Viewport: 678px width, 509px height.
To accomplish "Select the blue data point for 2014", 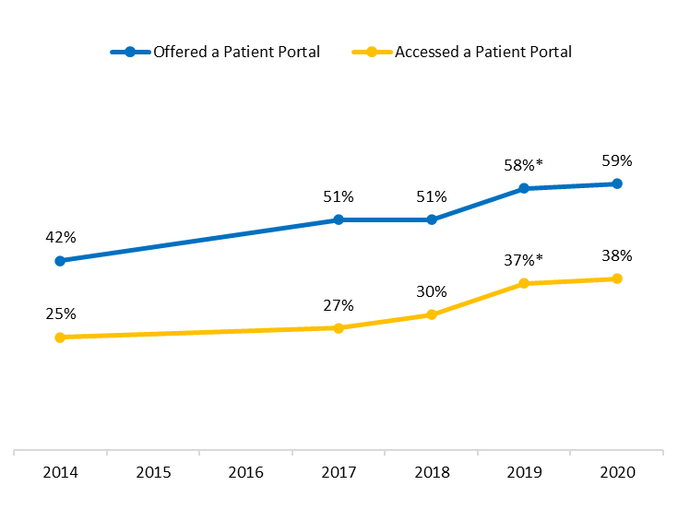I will coord(60,261).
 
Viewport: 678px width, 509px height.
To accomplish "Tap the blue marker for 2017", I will coord(339,219).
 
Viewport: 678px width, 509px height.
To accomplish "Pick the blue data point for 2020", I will coord(617,183).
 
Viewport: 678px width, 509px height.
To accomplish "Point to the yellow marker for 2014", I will coord(60,337).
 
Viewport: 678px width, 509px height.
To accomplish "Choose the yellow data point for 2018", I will coord(432,314).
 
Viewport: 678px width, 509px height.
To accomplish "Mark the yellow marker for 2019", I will coord(524,283).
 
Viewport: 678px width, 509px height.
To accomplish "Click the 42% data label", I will coord(60,237).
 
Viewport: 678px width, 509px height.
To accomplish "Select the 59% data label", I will coord(617,160).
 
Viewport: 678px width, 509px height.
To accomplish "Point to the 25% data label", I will coord(60,314).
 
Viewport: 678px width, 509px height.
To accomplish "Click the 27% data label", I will coord(339,305).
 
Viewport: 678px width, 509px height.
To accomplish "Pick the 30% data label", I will coord(432,291).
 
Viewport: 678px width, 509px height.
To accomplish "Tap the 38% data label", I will coord(617,255).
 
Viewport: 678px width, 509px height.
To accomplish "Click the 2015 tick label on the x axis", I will coord(153,472).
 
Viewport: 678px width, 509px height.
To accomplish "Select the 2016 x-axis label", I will coord(245,472).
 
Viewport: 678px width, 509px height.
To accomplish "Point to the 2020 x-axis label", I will coord(617,472).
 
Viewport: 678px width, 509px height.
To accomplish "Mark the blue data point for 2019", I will coord(524,188).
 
